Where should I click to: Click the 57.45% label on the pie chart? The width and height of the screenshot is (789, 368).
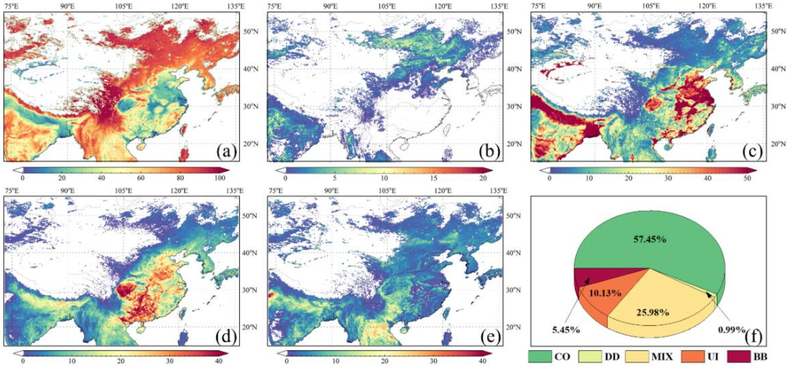pos(650,239)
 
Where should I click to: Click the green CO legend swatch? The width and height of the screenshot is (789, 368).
pos(540,356)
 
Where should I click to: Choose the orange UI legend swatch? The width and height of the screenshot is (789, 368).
pos(693,356)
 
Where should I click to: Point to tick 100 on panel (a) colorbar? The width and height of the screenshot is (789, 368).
pos(220,178)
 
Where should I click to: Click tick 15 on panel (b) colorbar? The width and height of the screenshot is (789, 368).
pos(434,178)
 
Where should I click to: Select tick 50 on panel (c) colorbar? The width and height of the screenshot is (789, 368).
pos(747,178)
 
